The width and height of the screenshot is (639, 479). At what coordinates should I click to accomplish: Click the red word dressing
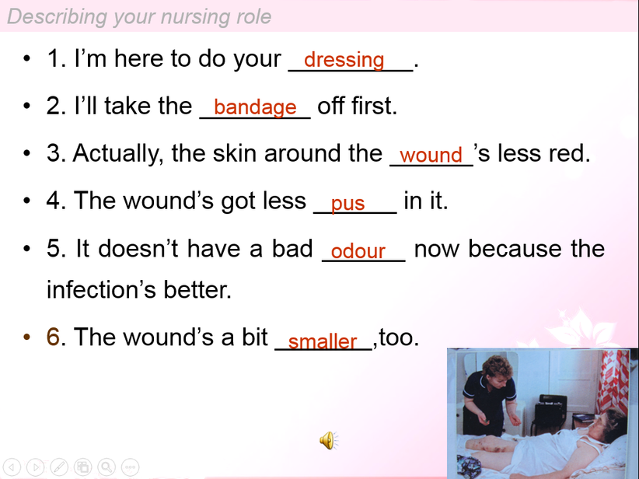point(344,60)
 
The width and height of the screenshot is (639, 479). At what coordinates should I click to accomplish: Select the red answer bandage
point(255,107)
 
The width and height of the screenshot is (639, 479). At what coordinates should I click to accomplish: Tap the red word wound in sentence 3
point(431,155)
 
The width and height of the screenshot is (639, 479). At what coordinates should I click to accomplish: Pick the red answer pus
point(347,204)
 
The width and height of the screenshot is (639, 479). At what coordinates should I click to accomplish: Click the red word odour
point(358,250)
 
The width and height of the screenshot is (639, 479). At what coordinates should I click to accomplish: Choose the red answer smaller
point(323,341)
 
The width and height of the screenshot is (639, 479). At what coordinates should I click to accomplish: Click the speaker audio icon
point(329,440)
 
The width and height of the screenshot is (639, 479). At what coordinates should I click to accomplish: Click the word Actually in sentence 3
point(118,155)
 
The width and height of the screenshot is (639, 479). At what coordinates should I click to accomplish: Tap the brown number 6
point(53,337)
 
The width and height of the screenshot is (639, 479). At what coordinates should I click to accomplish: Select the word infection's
point(101,289)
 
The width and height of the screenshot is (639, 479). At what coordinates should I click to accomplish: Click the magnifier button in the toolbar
point(106,467)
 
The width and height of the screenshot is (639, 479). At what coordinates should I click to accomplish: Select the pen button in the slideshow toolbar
point(59,467)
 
